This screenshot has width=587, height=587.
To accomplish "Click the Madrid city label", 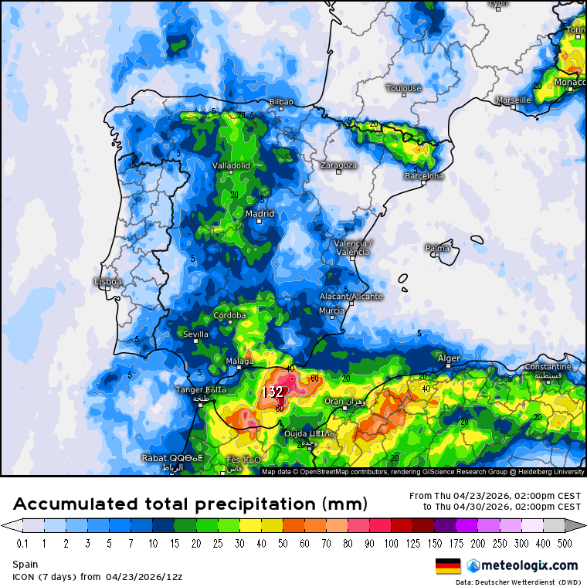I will click(x=260, y=214).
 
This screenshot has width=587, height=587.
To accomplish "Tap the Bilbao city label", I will click(x=281, y=101).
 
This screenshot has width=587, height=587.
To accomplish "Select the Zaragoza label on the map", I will click(x=339, y=165).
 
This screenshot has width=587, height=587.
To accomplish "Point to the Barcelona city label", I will click(x=424, y=176).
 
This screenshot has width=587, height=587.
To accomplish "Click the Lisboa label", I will click(x=107, y=282).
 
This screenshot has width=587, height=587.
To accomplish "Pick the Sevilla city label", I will click(x=195, y=334).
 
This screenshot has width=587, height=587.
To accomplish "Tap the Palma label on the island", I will click(x=437, y=248).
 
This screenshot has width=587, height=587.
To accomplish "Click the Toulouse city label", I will click(x=403, y=88).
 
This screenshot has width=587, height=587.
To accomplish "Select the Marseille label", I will click(x=514, y=100).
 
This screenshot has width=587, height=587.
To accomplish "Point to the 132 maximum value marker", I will click(x=272, y=392).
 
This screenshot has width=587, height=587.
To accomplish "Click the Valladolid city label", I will click(x=231, y=165).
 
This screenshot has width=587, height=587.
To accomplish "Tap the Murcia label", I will click(x=331, y=310).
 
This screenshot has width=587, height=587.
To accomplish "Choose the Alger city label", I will click(x=449, y=358).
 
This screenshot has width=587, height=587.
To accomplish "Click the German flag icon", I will click(x=448, y=565).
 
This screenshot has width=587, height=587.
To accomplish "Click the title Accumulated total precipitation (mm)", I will click(x=190, y=504).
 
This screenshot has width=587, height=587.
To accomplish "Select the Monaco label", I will click(x=569, y=82).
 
